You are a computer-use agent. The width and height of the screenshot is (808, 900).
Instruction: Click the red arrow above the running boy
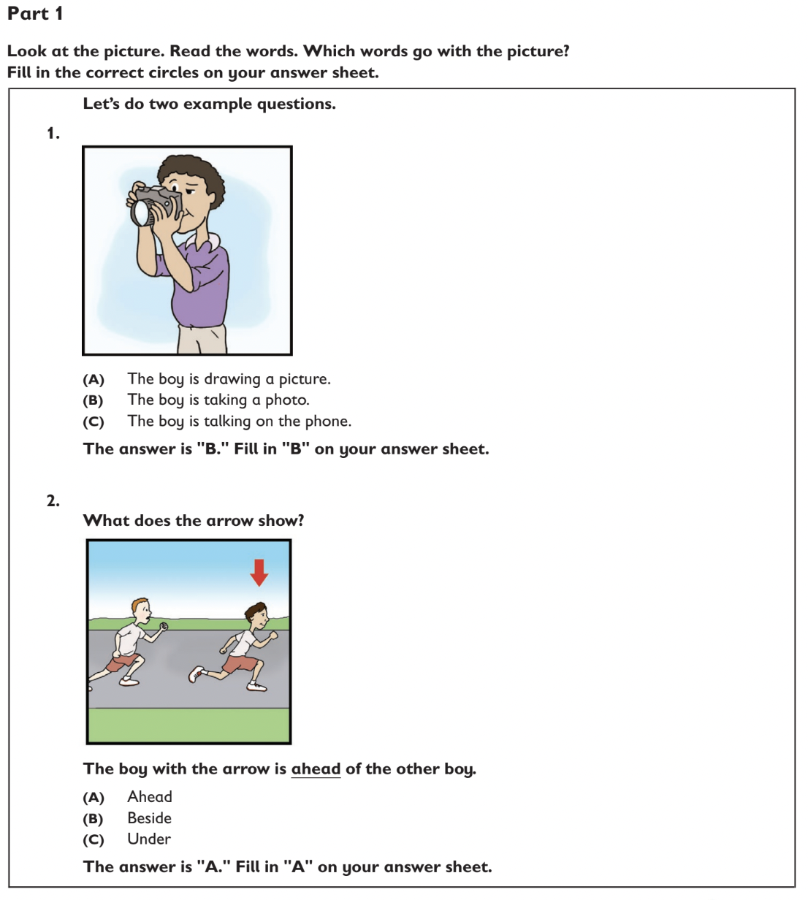pyautogui.click(x=259, y=572)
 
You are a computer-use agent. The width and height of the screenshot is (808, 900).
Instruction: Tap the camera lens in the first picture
pyautogui.click(x=141, y=211)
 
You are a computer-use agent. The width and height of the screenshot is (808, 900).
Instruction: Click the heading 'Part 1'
pyautogui.click(x=35, y=13)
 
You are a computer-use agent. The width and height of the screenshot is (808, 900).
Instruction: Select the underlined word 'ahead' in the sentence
pyautogui.click(x=316, y=769)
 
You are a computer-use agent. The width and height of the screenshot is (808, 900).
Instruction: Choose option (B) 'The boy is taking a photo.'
pyautogui.click(x=218, y=400)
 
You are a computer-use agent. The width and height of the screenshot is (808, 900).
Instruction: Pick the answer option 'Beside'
pyautogui.click(x=149, y=818)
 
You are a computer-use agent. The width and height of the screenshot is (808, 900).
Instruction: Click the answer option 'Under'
pyautogui.click(x=149, y=839)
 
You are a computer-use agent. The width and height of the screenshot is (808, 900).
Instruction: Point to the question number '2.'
pyautogui.click(x=53, y=500)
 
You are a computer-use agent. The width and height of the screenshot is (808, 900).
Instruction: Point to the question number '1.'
pyautogui.click(x=53, y=133)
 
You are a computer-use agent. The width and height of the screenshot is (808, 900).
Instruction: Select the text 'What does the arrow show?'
pyautogui.click(x=194, y=520)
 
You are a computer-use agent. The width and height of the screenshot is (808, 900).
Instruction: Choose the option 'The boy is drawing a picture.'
pyautogui.click(x=229, y=378)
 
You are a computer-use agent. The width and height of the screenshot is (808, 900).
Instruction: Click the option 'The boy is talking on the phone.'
pyautogui.click(x=239, y=421)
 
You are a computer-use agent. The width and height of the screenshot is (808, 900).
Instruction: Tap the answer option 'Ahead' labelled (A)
pyautogui.click(x=149, y=797)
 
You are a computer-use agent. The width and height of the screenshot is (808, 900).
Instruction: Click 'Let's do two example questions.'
pyautogui.click(x=209, y=104)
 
